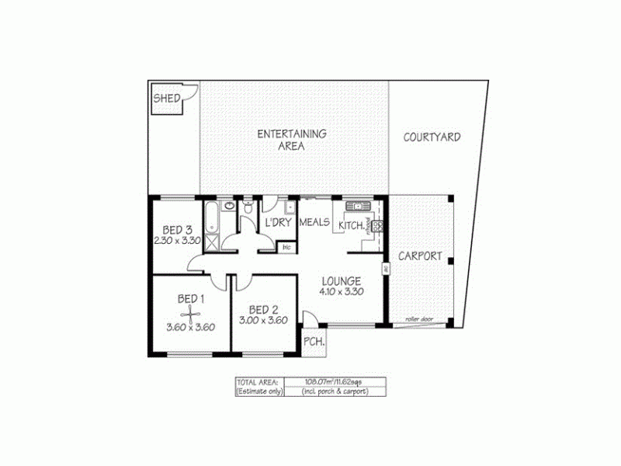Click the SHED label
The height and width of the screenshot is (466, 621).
point(167,98)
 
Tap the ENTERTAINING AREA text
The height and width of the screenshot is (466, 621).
point(291,139)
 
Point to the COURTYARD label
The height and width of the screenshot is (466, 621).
point(432,137)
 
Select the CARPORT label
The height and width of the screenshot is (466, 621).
point(420,256)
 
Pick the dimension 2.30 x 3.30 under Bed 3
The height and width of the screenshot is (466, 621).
point(178,241)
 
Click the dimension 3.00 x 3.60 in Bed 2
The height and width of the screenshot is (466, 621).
point(264,319)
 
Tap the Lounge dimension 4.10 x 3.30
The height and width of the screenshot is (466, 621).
point(342,292)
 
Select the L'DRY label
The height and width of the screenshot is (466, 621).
point(277,224)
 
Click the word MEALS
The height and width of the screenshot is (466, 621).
point(315,224)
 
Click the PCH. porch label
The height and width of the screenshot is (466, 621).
point(314,342)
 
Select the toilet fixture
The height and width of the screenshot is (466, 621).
point(247,208)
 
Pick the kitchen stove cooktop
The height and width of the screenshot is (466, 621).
point(378,226)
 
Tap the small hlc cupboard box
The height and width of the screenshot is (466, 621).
point(286,247)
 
